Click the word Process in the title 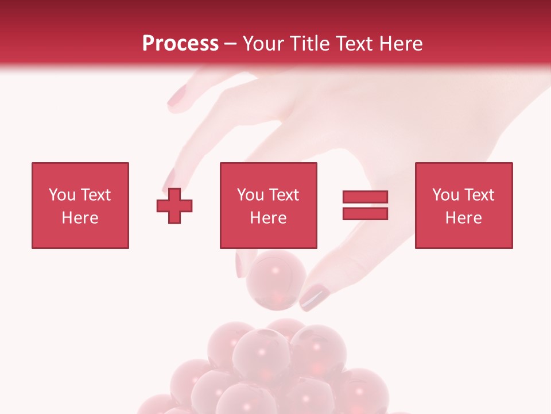pos(180,44)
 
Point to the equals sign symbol pos(365,205)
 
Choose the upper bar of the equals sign pos(365,197)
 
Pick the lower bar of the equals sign pos(365,214)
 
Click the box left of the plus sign pos(80,205)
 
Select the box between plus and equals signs pos(268,205)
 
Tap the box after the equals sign pos(464,205)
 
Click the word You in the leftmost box pos(61,195)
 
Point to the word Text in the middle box pos(284,195)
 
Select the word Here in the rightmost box pos(464,218)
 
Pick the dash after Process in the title pos(230,44)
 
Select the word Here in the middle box pos(268,218)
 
